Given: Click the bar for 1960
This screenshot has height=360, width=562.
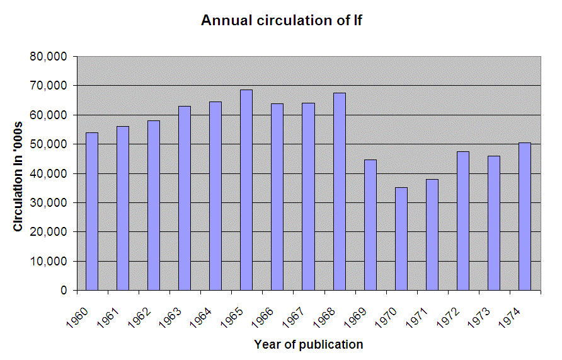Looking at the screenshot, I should [x=92, y=211].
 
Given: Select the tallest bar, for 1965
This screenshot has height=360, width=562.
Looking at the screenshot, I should [x=246, y=190].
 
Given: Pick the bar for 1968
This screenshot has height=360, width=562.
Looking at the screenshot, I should [x=339, y=192].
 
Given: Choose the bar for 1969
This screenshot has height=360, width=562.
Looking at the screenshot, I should [x=370, y=224].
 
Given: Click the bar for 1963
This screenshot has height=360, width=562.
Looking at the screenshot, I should [x=185, y=198].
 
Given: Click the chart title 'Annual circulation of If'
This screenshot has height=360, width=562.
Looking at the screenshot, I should [x=281, y=20].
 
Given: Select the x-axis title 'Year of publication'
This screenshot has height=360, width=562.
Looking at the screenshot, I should [x=309, y=344].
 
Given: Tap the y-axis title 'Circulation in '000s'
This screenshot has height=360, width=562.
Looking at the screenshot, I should [x=18, y=174].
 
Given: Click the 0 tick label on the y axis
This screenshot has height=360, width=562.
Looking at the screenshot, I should [x=64, y=291].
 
